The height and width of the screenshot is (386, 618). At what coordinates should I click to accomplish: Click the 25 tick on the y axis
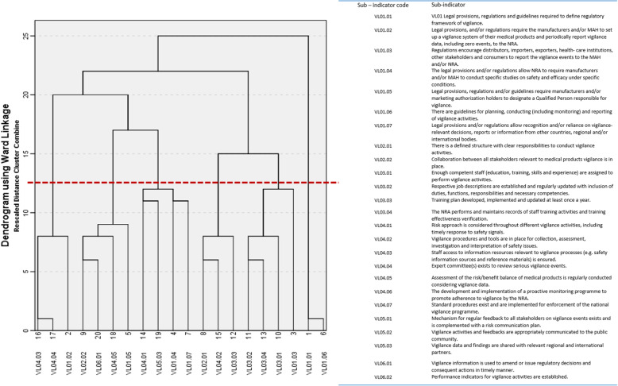click(25, 36)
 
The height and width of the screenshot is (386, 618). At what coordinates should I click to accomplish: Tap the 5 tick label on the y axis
click(25, 272)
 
